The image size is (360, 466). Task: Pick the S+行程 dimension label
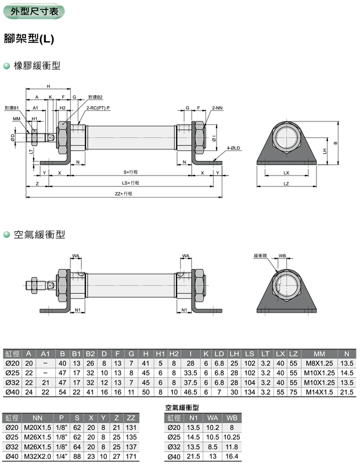(130, 173)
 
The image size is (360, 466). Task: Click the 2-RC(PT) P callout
(98, 108)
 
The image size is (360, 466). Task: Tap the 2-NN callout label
(217, 108)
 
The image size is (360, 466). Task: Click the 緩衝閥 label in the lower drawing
(259, 255)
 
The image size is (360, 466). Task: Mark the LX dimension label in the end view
(286, 173)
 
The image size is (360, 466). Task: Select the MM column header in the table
(319, 353)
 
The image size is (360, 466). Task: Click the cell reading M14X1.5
(319, 393)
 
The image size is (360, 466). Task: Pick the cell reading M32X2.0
(38, 457)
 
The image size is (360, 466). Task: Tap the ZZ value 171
(131, 457)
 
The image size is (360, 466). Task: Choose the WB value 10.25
(231, 437)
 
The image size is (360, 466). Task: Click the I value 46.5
(190, 393)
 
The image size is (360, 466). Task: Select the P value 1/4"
(62, 457)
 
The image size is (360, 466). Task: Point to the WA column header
(212, 417)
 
